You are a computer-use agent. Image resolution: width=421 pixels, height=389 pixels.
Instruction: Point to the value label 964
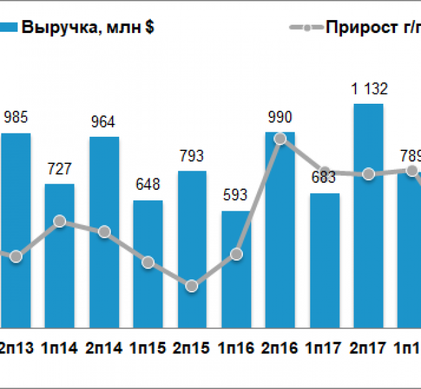tap(104, 123)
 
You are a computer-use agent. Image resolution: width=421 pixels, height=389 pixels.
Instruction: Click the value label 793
tap(192, 156)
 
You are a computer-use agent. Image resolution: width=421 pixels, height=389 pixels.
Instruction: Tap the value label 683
tap(324, 178)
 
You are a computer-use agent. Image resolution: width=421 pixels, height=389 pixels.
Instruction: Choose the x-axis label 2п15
tap(191, 348)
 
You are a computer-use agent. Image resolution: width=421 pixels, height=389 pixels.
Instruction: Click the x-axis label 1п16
tap(236, 348)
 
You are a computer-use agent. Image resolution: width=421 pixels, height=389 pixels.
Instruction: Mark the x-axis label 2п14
tap(103, 348)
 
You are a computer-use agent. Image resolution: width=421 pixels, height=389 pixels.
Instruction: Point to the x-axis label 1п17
tap(324, 348)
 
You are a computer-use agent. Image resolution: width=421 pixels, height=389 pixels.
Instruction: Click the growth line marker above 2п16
tap(280, 138)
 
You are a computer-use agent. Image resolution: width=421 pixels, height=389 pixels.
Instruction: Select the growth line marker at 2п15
tap(191, 286)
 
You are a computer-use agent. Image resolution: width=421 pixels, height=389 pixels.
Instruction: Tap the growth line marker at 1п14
tap(60, 221)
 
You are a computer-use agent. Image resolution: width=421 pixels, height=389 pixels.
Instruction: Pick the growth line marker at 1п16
tap(236, 254)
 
